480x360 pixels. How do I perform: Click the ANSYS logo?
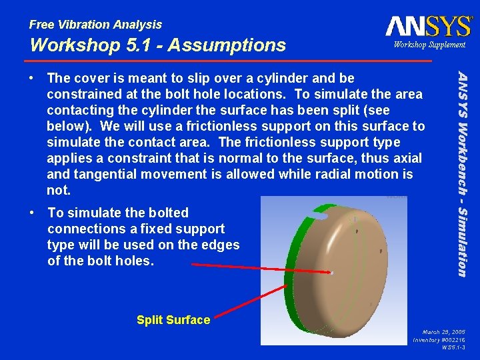tap(428, 27)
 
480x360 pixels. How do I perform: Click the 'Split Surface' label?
tap(173, 320)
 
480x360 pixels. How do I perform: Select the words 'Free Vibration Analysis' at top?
tap(95, 25)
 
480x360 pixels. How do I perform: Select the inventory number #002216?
tap(439, 339)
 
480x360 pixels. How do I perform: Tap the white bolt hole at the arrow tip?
tap(332, 272)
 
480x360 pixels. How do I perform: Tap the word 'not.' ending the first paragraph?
tap(58, 190)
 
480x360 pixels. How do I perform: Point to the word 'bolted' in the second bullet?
tap(169, 213)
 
